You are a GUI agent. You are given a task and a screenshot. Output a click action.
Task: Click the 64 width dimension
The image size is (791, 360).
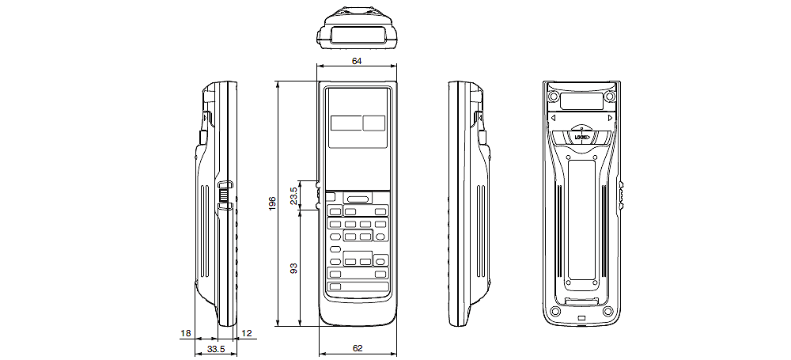357,60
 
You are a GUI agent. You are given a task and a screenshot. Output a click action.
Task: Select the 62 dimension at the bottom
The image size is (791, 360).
358,348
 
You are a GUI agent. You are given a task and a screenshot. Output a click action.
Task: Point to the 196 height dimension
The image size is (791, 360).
271,203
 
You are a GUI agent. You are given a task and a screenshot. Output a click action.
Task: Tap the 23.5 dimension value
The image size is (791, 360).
294,195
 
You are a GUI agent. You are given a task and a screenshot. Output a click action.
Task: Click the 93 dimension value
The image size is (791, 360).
294,269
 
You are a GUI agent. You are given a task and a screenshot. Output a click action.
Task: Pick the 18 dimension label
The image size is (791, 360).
185,335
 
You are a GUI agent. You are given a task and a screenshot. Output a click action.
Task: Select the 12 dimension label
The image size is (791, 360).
247,335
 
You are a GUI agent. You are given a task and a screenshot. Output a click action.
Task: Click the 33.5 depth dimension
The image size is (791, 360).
216,348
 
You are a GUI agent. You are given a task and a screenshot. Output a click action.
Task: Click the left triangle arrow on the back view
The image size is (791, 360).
552,119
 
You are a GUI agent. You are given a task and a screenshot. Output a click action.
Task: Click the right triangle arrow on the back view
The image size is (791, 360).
610,119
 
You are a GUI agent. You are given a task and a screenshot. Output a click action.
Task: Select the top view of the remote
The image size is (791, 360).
357,26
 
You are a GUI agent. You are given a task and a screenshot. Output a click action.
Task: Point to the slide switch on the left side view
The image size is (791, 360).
225,194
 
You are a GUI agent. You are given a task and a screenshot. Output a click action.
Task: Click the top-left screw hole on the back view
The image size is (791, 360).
552,97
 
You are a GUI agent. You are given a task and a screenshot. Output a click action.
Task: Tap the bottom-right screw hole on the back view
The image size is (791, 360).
607,311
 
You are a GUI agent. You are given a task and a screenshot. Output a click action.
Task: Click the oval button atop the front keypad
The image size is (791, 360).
358,199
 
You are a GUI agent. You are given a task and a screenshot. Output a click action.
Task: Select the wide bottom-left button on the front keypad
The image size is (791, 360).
335,286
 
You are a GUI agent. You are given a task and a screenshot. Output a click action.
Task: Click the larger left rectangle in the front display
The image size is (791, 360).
345,123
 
